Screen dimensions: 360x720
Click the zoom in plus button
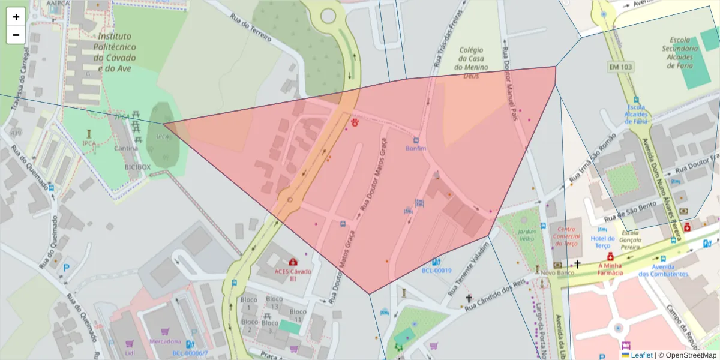[x=16, y=17]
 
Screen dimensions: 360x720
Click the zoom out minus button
[x=16, y=35]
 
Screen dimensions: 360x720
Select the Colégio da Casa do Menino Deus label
[x=471, y=63]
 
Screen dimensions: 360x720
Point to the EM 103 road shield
[x=619, y=67]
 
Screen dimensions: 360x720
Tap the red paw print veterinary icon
[x=355, y=122]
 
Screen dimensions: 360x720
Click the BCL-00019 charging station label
[x=436, y=271]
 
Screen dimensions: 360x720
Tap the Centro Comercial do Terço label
[x=566, y=236]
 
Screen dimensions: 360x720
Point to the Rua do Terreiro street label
[x=251, y=28]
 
